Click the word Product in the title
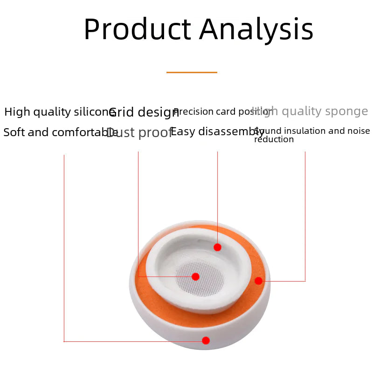pyautogui.click(x=137, y=30)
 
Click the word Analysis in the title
pyautogui.click(x=256, y=30)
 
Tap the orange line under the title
pyautogui.click(x=192, y=72)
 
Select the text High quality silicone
pyautogui.click(x=56, y=112)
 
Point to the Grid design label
pyautogui.click(x=144, y=112)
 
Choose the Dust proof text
pyautogui.click(x=139, y=133)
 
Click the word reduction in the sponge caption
pyautogui.click(x=274, y=140)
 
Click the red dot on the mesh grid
pyautogui.click(x=196, y=276)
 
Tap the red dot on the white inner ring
pyautogui.click(x=217, y=247)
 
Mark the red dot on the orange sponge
pyautogui.click(x=258, y=281)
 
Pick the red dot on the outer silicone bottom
pyautogui.click(x=206, y=341)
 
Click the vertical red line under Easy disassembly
pyautogui.click(x=217, y=196)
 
